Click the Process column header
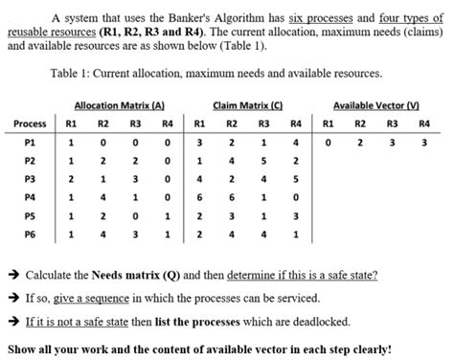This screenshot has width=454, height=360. (30, 124)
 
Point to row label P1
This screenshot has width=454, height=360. (30, 142)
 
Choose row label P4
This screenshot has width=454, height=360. (30, 196)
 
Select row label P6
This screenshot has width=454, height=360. (30, 233)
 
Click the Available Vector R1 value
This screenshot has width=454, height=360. (328, 142)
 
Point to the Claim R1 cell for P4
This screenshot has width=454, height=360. (198, 196)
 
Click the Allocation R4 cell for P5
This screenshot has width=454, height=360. (168, 214)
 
